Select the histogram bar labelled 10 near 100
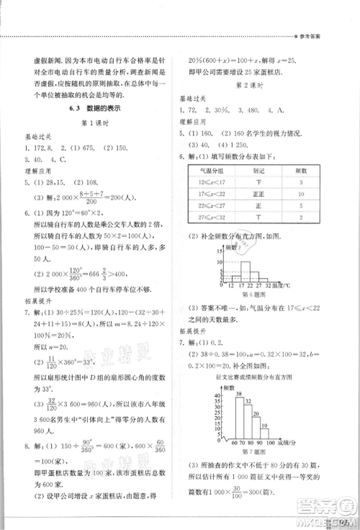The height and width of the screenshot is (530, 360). coord(264,434)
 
